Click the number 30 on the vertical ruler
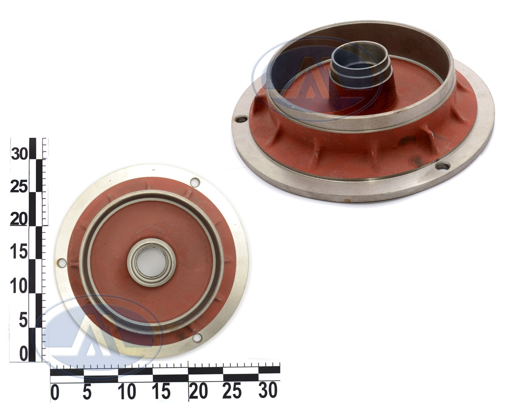point(19,154)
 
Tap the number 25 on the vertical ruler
point(19,187)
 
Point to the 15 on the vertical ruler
point(19,252)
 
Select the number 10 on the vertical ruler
point(19,286)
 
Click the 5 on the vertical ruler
point(23,320)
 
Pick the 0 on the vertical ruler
point(24,354)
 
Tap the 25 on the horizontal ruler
point(232,390)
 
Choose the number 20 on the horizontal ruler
point(198,391)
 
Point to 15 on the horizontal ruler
point(161,391)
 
